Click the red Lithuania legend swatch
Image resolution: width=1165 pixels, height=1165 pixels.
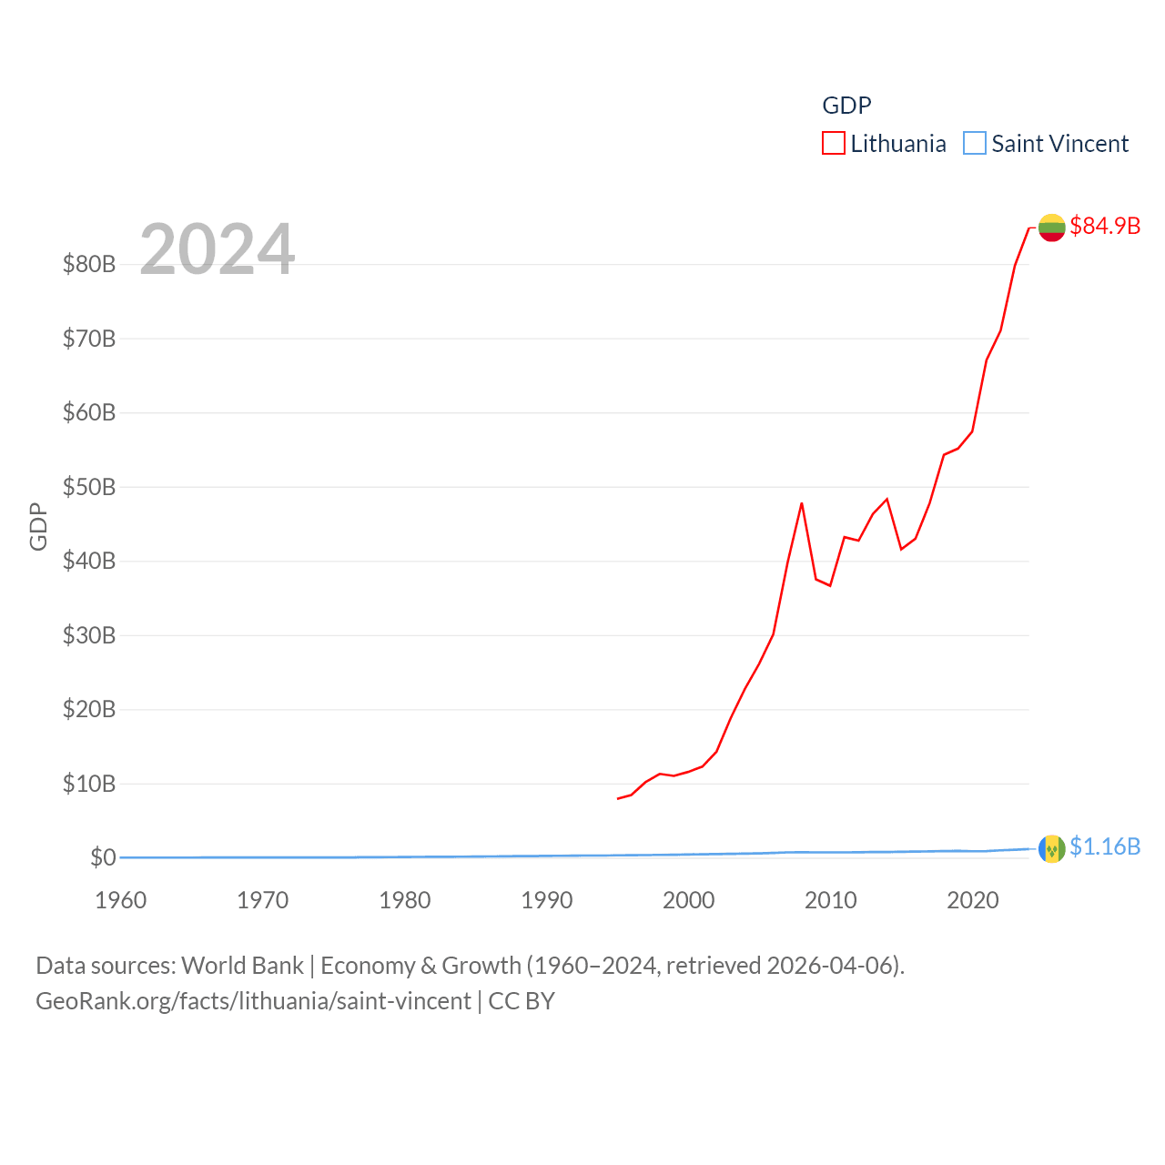click(x=834, y=144)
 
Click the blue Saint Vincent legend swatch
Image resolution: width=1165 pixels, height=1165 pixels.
click(x=975, y=144)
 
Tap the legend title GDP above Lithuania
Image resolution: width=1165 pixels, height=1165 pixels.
click(x=846, y=106)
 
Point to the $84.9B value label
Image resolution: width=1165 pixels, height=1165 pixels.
click(x=1105, y=226)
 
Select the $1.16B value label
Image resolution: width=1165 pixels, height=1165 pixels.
click(x=1105, y=846)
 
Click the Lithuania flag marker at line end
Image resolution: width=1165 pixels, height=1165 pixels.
click(x=1052, y=228)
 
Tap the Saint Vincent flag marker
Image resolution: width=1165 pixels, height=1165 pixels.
click(x=1052, y=848)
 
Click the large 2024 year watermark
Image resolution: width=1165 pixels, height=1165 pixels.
click(x=217, y=249)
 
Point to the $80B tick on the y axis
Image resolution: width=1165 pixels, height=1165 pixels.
click(x=89, y=264)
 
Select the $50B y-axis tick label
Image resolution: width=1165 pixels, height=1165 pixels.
click(x=89, y=487)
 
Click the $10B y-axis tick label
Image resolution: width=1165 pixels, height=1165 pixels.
click(x=89, y=784)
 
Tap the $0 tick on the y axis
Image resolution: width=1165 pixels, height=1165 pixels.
click(x=103, y=857)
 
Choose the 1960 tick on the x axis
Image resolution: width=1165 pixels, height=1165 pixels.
click(x=120, y=900)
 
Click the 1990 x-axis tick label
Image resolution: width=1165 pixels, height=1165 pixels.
click(x=546, y=900)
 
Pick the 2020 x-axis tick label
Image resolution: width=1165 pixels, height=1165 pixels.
click(x=972, y=900)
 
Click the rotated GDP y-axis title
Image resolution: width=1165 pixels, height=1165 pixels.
click(x=38, y=526)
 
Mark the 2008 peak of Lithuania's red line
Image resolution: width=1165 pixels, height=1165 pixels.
click(x=802, y=503)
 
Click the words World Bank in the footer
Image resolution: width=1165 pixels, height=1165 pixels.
click(x=242, y=965)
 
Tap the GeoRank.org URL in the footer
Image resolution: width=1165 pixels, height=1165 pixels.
click(x=253, y=1001)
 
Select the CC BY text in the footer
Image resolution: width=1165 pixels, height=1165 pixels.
click(x=522, y=1001)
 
